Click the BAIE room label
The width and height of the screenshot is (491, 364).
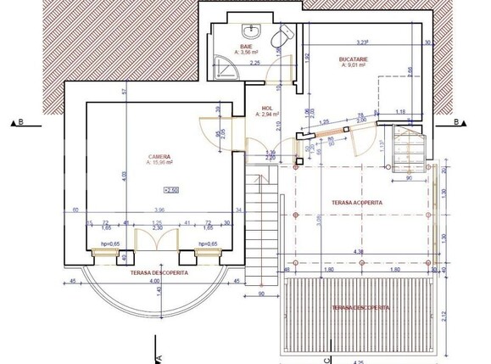[x=247, y=47]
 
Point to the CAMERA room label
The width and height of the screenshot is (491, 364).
[x=160, y=157]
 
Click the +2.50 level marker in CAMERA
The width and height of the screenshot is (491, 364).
[x=171, y=191]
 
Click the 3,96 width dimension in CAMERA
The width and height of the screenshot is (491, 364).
[x=159, y=210]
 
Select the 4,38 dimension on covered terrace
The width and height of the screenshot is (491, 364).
[x=359, y=251]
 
